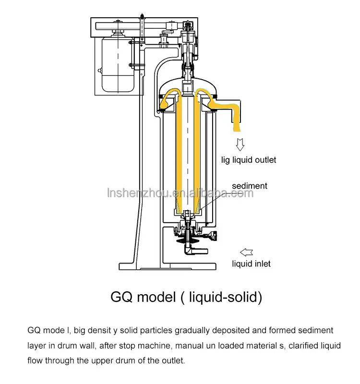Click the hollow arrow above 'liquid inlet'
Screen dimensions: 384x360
pyautogui.click(x=246, y=252)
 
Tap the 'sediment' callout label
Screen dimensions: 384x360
pyautogui.click(x=250, y=186)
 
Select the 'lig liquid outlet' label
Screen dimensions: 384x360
pyautogui.click(x=248, y=160)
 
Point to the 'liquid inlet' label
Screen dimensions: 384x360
pyautogui.click(x=251, y=264)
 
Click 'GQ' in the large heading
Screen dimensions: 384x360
pyautogui.click(x=122, y=297)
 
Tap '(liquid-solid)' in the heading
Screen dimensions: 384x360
pyautogui.click(x=221, y=297)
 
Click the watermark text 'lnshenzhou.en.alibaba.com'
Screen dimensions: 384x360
pyautogui.click(x=180, y=193)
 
